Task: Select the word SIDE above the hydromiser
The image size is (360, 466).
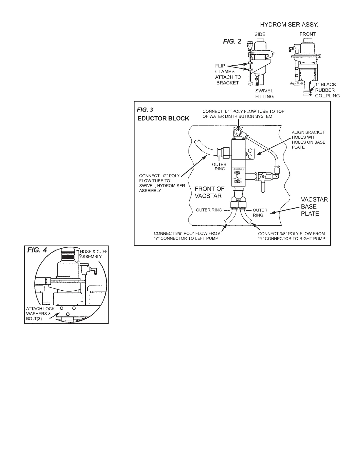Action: (x=260, y=34)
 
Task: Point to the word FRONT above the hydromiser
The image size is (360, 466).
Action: (x=307, y=34)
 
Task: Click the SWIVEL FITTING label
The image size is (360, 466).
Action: (x=264, y=94)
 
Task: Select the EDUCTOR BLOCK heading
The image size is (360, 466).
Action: (x=163, y=119)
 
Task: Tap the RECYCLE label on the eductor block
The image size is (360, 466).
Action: (x=238, y=169)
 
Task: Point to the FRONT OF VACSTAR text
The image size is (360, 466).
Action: (x=210, y=192)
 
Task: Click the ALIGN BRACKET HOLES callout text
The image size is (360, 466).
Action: (x=308, y=139)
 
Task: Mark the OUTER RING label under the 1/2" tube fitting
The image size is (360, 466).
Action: (x=219, y=167)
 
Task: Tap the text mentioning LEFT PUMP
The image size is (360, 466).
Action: (x=187, y=236)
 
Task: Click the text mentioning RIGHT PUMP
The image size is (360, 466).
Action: (x=291, y=236)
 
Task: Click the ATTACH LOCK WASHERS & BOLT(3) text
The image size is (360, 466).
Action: (x=39, y=314)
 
